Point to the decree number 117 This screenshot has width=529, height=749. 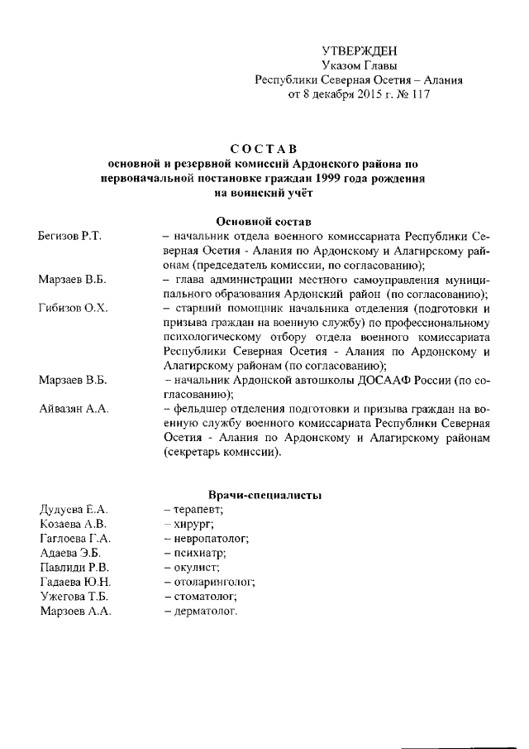pyautogui.click(x=419, y=94)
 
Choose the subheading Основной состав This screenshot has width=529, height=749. pyautogui.click(x=264, y=222)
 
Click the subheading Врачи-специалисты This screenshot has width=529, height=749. pyautogui.click(x=264, y=495)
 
